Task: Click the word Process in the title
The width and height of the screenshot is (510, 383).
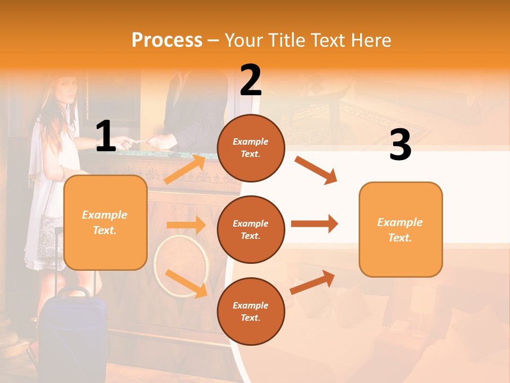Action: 167,40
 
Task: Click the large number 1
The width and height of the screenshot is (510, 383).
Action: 106,136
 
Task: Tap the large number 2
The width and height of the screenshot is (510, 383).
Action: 251,80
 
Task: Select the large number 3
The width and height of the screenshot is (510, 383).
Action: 400,145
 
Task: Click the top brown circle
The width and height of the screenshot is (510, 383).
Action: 251,148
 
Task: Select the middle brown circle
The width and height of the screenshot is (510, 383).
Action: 251,229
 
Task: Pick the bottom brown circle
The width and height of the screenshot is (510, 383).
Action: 251,311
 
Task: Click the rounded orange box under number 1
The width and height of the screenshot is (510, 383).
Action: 105,222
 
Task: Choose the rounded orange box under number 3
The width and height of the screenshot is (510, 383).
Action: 400,229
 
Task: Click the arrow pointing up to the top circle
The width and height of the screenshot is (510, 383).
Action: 185,170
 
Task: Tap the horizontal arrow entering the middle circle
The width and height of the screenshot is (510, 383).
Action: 186,225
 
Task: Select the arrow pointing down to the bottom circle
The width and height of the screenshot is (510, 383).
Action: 186,283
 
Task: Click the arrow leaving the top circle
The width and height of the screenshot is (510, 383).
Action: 316,170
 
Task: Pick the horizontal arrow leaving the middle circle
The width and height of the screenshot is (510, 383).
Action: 314,223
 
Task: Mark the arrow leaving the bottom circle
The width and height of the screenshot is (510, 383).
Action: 313,282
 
